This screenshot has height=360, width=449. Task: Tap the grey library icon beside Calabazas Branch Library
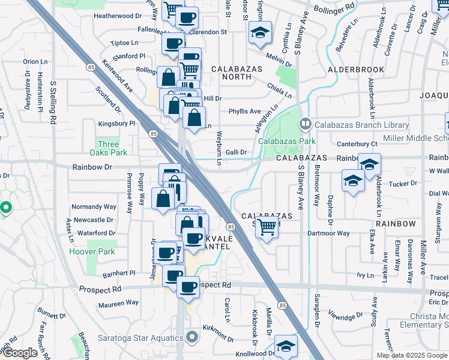(306, 125)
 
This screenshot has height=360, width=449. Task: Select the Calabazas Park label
(287, 142)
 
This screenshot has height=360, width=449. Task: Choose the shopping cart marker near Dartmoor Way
(267, 227)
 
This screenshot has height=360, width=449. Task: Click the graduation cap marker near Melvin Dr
(261, 32)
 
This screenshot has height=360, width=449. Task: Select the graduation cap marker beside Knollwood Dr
(286, 346)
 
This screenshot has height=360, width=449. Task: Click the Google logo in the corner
(19, 353)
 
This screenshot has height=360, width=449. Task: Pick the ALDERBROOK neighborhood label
(355, 70)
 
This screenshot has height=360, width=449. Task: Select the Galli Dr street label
(236, 152)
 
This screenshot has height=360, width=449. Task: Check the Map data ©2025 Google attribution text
(411, 355)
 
